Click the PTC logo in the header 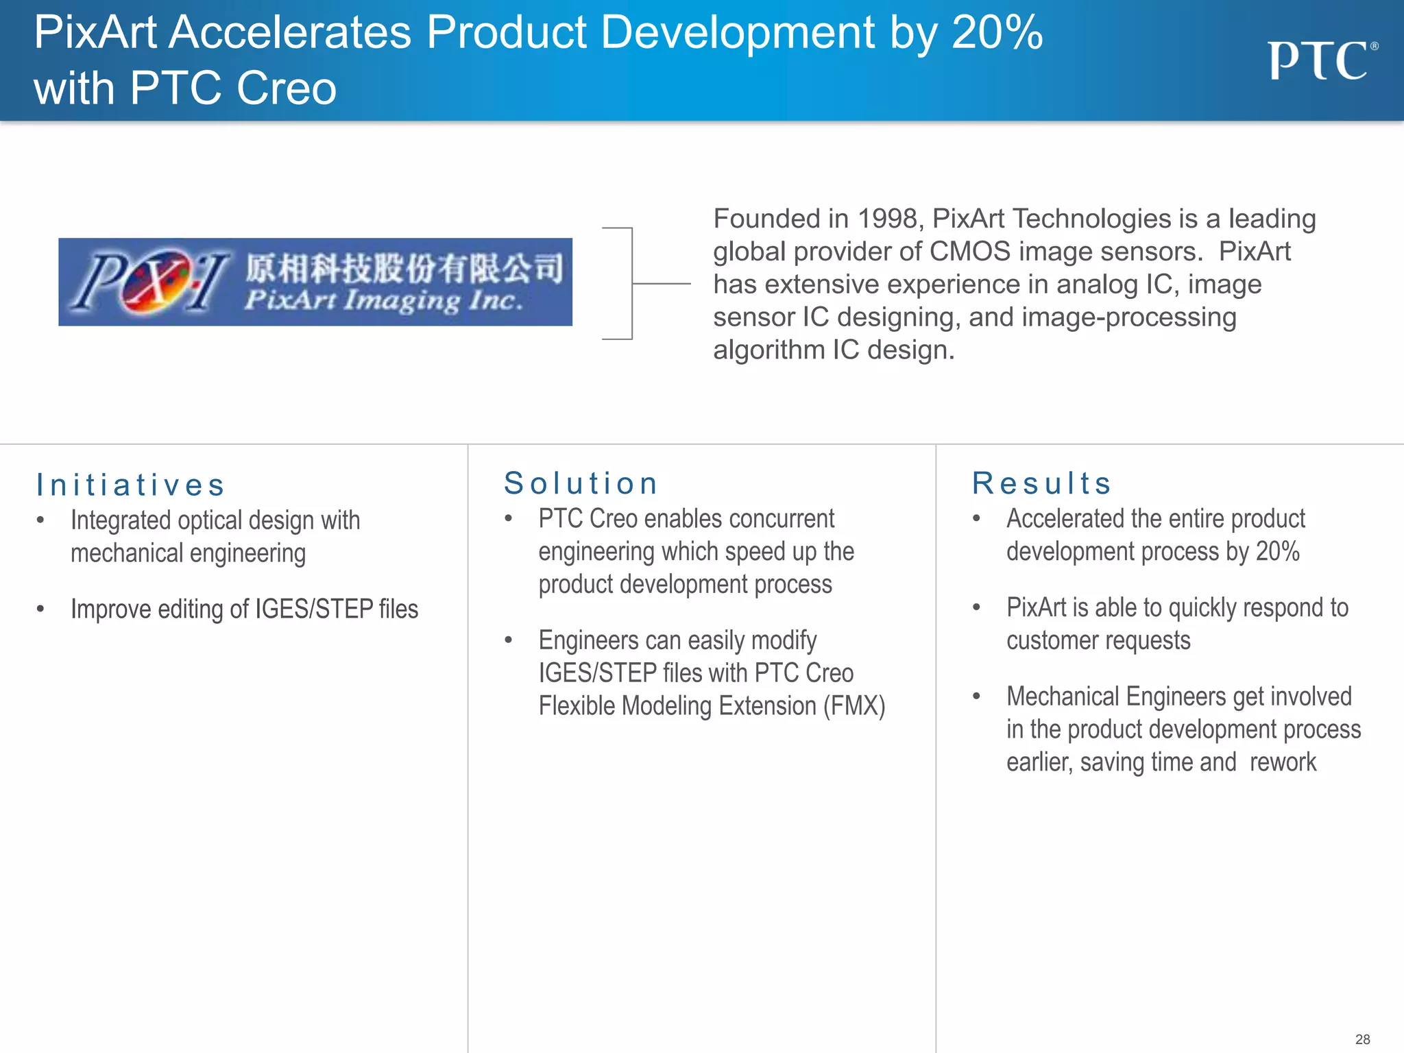pyautogui.click(x=1321, y=61)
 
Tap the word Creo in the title pyautogui.click(x=287, y=88)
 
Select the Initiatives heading pyautogui.click(x=130, y=485)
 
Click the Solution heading pyautogui.click(x=581, y=483)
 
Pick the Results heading pyautogui.click(x=1042, y=483)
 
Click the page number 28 pyautogui.click(x=1362, y=1039)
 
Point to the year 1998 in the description pyautogui.click(x=887, y=219)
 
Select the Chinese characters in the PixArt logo pyautogui.click(x=404, y=267)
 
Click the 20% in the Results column pyautogui.click(x=1277, y=552)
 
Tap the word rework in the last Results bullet pyautogui.click(x=1283, y=762)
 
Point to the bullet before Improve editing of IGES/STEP pyautogui.click(x=40, y=609)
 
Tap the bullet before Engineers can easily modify pyautogui.click(x=509, y=640)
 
